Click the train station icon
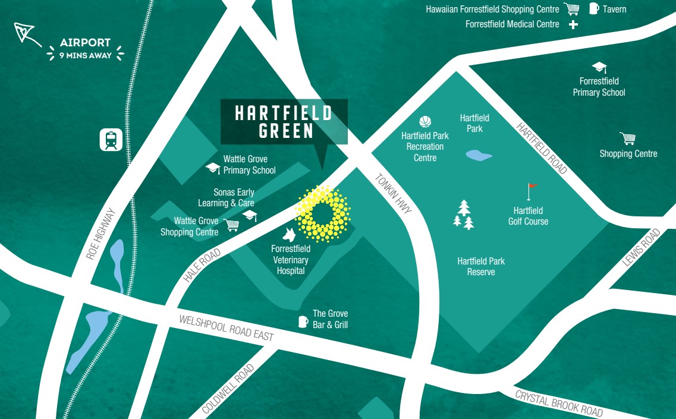pyautogui.click(x=111, y=140)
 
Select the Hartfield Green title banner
pyautogui.click(x=284, y=121)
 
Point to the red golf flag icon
pyautogui.click(x=532, y=191)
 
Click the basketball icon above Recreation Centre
pyautogui.click(x=425, y=122)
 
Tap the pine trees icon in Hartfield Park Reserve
pyautogui.click(x=464, y=215)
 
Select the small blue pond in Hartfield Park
pyautogui.click(x=479, y=156)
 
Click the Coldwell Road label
pyautogui.click(x=228, y=389)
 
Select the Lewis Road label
pyautogui.click(x=642, y=248)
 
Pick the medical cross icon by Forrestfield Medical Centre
pyautogui.click(x=573, y=24)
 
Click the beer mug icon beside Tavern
pyautogui.click(x=593, y=8)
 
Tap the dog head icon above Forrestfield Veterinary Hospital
pyautogui.click(x=290, y=234)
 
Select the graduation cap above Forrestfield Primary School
pyautogui.click(x=599, y=68)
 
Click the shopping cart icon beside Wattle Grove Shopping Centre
pyautogui.click(x=232, y=225)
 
